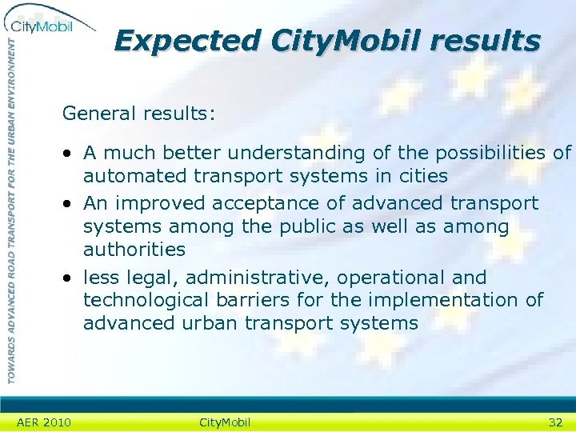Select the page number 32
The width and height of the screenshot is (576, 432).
pyautogui.click(x=555, y=422)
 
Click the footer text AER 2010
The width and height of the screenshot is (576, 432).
pyautogui.click(x=43, y=422)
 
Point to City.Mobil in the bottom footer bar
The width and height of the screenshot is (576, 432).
pyautogui.click(x=224, y=422)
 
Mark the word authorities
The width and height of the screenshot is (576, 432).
pyautogui.click(x=134, y=250)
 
